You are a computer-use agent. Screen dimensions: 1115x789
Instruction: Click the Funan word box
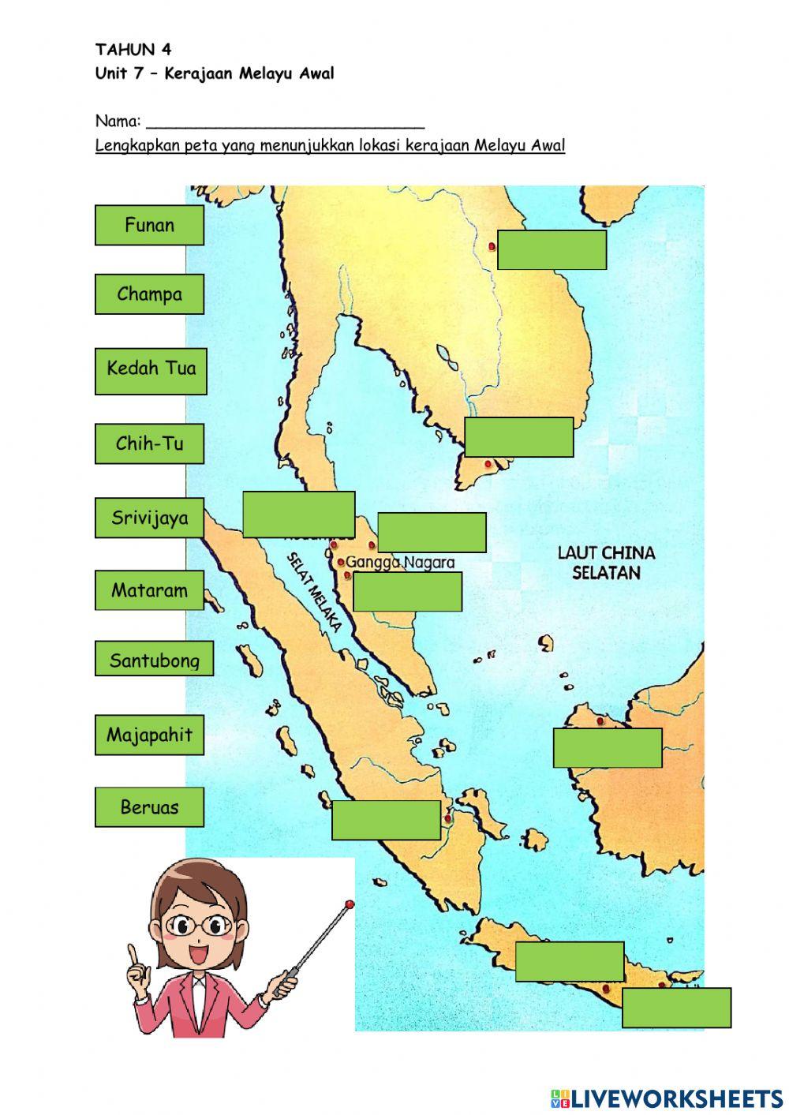click(x=149, y=226)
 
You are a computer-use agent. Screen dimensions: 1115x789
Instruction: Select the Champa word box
click(x=149, y=294)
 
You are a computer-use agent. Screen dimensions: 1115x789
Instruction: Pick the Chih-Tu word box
click(x=149, y=443)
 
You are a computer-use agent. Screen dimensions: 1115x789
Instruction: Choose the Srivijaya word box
click(x=149, y=518)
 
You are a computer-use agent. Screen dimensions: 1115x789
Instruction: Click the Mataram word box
click(x=149, y=590)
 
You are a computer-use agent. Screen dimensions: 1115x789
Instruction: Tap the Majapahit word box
click(x=149, y=735)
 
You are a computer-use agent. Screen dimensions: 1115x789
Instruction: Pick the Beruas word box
click(x=149, y=806)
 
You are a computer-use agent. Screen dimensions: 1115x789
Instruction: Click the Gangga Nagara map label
click(x=401, y=563)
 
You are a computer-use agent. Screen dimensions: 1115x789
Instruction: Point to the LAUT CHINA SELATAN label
click(x=606, y=563)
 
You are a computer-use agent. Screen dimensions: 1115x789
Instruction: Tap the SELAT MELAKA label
click(x=314, y=592)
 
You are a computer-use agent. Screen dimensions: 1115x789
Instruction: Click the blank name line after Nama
click(x=286, y=122)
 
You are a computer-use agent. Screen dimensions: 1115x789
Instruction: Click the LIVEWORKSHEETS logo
click(x=667, y=1098)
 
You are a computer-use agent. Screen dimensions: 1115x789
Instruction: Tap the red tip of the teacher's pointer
click(x=349, y=904)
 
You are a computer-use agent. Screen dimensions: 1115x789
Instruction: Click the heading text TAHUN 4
click(x=133, y=50)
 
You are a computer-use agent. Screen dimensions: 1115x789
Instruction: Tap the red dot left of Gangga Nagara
click(x=341, y=563)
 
